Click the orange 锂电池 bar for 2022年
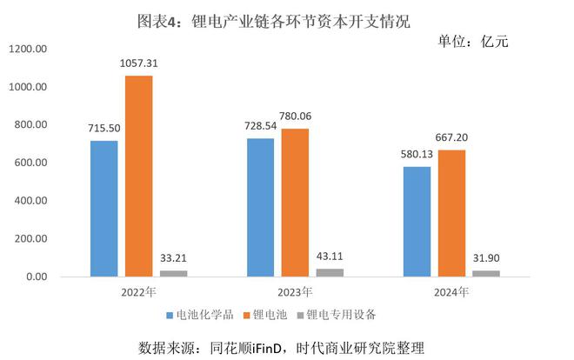tap(138, 177)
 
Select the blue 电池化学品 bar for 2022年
tap(104, 209)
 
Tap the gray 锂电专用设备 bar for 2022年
tap(173, 273)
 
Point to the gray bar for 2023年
tap(330, 272)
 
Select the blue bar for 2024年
tap(417, 221)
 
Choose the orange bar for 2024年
tap(451, 213)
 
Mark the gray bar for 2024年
tap(486, 273)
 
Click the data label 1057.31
tap(139, 63)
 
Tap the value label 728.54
tap(261, 126)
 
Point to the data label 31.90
tap(486, 259)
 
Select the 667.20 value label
tap(452, 137)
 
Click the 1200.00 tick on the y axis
tap(28, 50)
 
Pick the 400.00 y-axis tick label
tap(30, 201)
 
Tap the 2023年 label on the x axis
tap(295, 292)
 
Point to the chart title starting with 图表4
tap(287, 18)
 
